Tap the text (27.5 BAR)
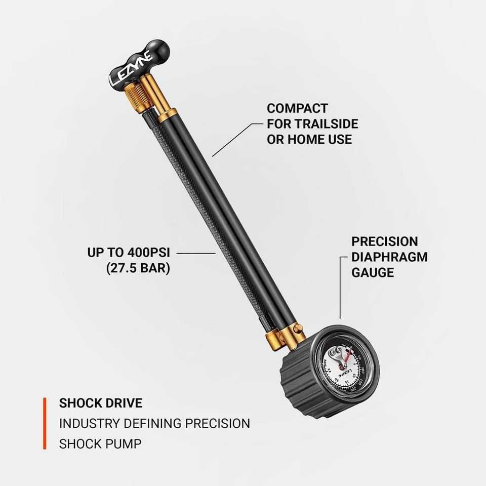(x=138, y=268)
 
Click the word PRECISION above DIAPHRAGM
(x=385, y=241)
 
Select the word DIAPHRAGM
(x=389, y=257)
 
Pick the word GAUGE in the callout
(x=373, y=272)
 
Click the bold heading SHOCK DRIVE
(x=101, y=403)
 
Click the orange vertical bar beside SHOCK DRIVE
(x=45, y=424)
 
